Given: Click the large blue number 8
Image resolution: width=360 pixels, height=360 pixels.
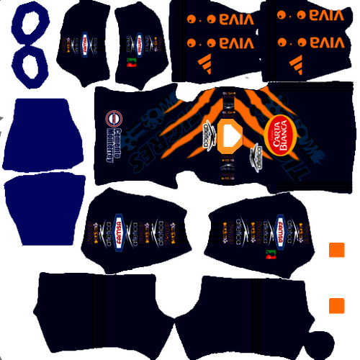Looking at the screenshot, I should coord(30,45).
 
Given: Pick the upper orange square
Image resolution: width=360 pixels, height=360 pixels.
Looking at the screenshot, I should coord(335,250).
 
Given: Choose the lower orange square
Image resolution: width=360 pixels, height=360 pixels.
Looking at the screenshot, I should coord(335,305).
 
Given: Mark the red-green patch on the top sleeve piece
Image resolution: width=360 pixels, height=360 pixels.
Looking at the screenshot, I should coord(131,62).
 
